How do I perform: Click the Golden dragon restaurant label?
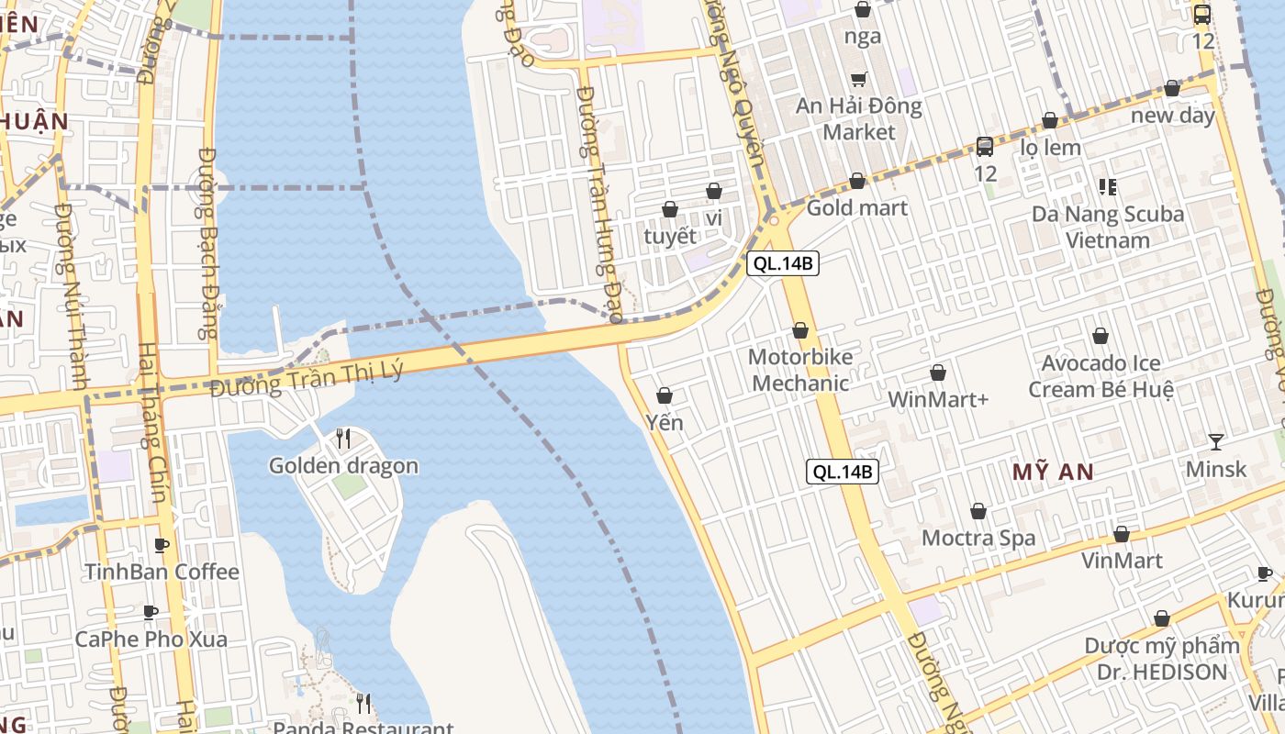(343, 466)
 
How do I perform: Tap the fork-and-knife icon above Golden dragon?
(343, 439)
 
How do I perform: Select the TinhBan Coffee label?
(162, 572)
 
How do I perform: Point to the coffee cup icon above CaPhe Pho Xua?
(151, 612)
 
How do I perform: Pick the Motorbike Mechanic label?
(800, 370)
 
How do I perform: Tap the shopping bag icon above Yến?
(665, 395)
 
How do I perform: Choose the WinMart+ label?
(937, 400)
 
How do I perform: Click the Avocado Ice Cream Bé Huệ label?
(1101, 376)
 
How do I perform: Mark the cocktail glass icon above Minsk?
(1216, 441)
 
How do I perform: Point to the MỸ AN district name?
(1053, 473)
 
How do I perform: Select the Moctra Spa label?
(978, 538)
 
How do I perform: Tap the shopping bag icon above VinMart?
(1122, 534)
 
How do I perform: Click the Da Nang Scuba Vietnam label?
(1108, 228)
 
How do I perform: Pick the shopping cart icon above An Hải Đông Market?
(859, 79)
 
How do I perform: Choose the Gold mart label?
(857, 208)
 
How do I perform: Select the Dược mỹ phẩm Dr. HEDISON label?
(1162, 659)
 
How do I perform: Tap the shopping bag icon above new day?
(1172, 89)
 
